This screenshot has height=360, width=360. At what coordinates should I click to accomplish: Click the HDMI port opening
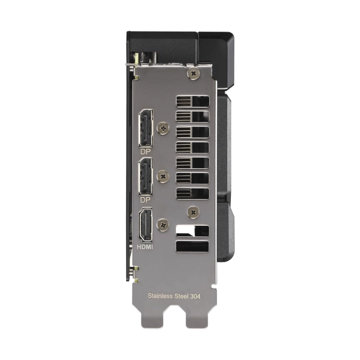coord(145,225)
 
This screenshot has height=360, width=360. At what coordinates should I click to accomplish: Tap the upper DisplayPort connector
coord(146,128)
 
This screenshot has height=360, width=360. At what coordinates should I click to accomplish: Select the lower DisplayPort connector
coord(145,176)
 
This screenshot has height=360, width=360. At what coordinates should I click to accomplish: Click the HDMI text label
coord(144,247)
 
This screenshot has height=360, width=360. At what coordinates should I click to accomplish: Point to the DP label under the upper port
coord(145,152)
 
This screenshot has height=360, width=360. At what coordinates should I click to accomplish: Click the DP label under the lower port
coord(145,200)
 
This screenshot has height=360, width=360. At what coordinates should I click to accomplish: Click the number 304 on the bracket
coord(195,296)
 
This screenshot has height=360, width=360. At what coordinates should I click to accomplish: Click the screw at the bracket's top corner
coord(193,73)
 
